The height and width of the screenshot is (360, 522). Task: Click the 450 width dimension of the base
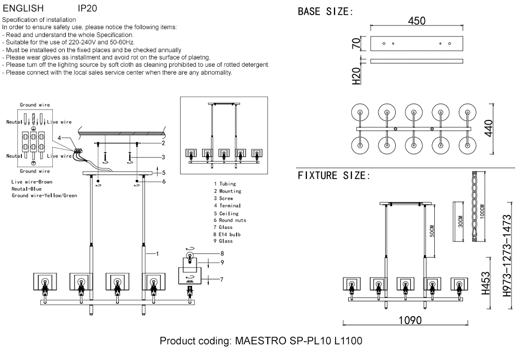coord(417,21)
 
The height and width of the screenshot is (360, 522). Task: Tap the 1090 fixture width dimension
coord(410,320)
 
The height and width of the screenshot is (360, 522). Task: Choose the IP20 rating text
coord(87,9)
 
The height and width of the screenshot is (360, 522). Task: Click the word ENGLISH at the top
coord(23,9)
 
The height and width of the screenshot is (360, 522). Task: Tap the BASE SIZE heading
coord(325,11)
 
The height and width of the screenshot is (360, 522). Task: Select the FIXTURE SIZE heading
coord(334,175)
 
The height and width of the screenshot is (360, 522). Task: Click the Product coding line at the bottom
coord(260,342)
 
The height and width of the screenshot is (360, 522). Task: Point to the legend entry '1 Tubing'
coord(225,184)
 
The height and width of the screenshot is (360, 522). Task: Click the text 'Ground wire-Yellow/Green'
coord(44,196)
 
